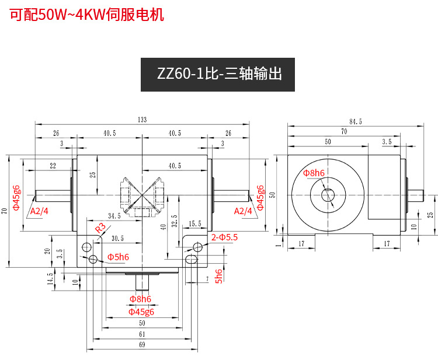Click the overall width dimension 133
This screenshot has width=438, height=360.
coord(142,120)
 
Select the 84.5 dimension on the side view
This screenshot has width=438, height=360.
coord(356,121)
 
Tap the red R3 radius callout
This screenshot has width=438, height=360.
coord(100,227)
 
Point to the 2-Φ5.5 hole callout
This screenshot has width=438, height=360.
coord(225,237)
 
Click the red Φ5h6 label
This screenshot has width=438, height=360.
coord(118,257)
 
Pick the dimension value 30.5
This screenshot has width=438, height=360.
coord(117,237)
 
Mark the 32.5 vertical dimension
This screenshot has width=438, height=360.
coord(174,221)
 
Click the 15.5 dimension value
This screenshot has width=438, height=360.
coord(195,223)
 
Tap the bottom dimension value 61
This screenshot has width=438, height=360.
coord(142,334)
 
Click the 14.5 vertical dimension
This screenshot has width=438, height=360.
coord(51,277)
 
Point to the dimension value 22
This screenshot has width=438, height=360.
coord(53,166)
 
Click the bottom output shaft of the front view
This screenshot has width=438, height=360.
coord(142,282)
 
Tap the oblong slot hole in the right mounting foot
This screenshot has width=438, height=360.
coord(190,259)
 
